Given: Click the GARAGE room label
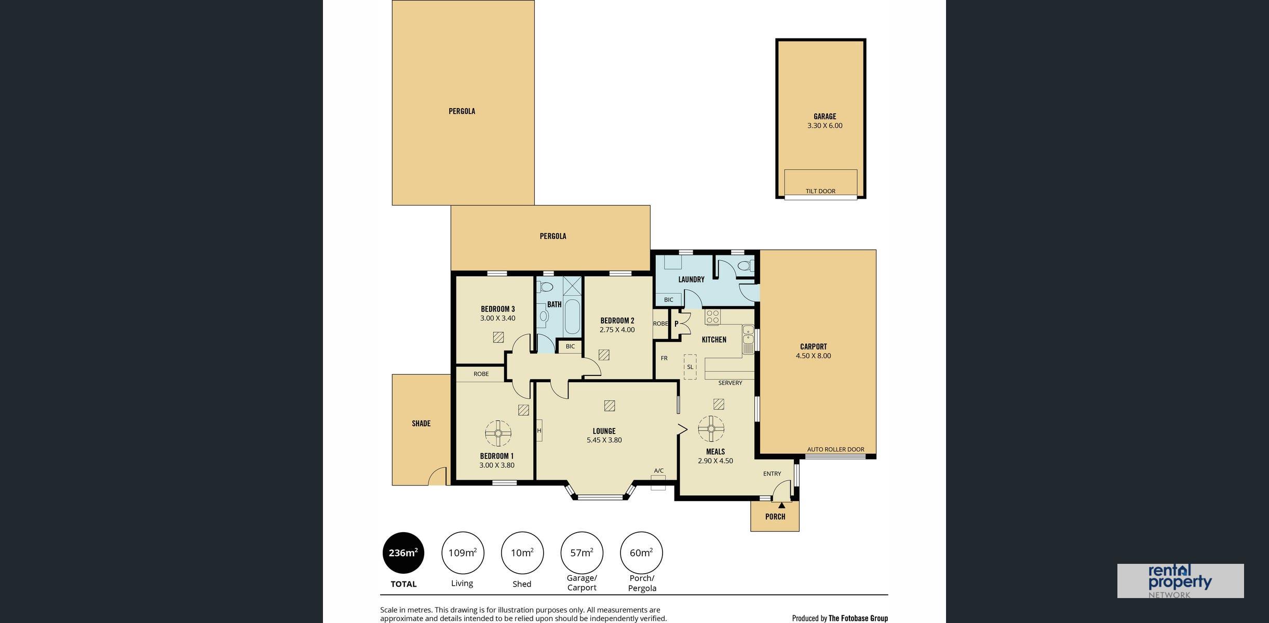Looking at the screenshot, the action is pos(825,116).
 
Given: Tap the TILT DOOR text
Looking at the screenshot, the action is pos(820,191).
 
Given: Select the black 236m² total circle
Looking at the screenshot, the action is pos(403,553).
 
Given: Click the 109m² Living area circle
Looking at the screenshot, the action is pos(463,553).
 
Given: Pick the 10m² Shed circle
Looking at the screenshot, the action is pos(522,553).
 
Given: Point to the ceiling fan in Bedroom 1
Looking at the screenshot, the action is pos(498,433).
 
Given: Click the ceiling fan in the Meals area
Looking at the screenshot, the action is pos(711,429).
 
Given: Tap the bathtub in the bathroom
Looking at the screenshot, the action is pos(573,316).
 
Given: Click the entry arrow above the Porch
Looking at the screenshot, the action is pos(781,505).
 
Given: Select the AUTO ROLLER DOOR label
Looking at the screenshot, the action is pos(835,450).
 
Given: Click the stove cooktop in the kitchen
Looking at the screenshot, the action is pos(712,317).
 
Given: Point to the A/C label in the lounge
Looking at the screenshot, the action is pos(658,471).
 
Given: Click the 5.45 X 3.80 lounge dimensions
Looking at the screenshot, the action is pos(604,440).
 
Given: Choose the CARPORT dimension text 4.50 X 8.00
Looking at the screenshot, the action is pos(813,356).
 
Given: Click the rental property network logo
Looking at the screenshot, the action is pos(1180,581).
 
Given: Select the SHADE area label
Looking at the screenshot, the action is pos(421,424).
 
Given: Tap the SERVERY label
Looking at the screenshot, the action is pos(730,383).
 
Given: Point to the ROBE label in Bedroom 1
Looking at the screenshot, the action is pos(481,374).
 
